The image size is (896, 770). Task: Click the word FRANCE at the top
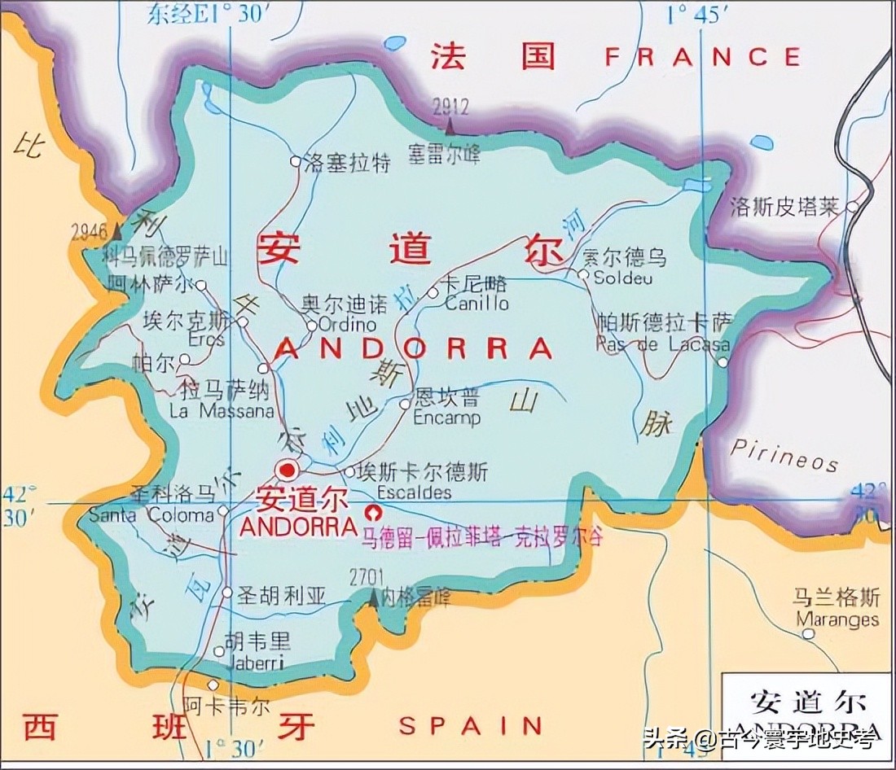[703, 57]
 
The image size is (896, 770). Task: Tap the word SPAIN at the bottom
[470, 724]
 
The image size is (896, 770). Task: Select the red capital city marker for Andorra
[287, 470]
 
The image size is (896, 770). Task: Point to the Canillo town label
[477, 303]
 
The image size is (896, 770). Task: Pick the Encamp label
[446, 418]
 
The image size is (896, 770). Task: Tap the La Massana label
[221, 411]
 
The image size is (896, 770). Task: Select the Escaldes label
[414, 493]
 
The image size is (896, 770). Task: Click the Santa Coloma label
[151, 514]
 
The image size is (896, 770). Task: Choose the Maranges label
[837, 619]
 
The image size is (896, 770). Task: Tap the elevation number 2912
[451, 107]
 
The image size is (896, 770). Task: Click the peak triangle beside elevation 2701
[373, 599]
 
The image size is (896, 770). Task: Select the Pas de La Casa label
[662, 343]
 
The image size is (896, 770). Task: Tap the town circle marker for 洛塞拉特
[295, 161]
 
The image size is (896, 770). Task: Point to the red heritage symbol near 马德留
[374, 512]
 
